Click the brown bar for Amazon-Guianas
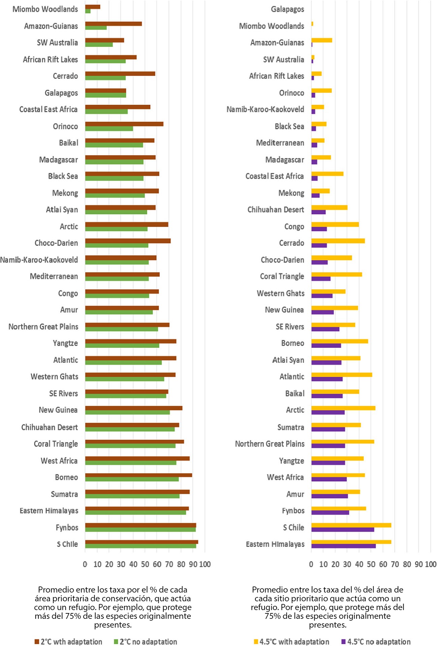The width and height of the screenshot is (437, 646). click(x=113, y=24)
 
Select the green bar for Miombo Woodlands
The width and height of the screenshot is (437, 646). click(x=88, y=11)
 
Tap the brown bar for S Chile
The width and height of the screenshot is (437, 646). click(x=142, y=542)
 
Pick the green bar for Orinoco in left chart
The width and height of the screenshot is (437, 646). click(x=109, y=129)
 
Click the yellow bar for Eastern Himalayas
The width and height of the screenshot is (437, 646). click(x=351, y=542)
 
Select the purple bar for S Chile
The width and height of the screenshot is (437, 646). click(x=343, y=529)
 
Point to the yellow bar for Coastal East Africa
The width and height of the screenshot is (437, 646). click(x=327, y=174)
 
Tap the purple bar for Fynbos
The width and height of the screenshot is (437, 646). click(x=330, y=512)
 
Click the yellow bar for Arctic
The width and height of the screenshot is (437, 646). click(x=343, y=408)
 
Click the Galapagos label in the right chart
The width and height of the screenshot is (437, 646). click(x=287, y=9)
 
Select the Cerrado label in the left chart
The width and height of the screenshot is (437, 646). click(x=65, y=76)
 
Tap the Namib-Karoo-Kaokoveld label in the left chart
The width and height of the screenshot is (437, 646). click(x=39, y=260)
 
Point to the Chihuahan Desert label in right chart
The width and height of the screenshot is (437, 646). click(x=276, y=210)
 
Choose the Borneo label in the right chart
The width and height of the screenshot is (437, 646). click(x=292, y=343)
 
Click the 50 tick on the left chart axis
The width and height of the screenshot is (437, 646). click(x=145, y=564)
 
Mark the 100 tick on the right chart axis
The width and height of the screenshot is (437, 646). click(x=430, y=564)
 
